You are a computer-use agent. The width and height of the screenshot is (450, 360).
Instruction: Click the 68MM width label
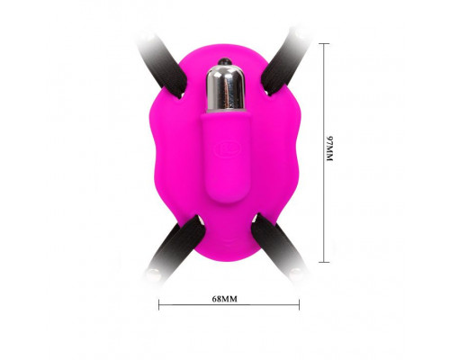point(225,299)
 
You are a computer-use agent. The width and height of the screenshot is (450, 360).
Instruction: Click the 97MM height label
point(329,148)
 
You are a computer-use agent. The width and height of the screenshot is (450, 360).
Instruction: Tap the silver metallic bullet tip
point(226,89)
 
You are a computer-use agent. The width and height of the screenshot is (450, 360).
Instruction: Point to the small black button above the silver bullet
point(225,61)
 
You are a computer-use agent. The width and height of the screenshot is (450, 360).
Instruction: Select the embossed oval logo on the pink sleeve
point(228,148)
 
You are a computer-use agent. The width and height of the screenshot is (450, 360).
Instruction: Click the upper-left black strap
point(164,66)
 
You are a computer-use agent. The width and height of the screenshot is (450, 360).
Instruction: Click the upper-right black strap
point(285,63)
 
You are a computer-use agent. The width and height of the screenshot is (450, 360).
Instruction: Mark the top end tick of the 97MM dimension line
point(324,44)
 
